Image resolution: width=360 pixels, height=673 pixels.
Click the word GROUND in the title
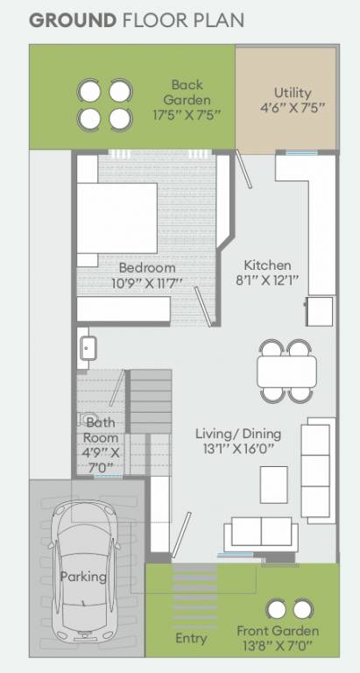73,19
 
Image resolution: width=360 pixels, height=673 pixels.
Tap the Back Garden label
187,85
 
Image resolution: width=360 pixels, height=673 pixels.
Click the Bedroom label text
147,267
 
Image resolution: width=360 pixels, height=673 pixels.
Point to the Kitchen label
267,266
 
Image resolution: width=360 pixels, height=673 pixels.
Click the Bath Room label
100,429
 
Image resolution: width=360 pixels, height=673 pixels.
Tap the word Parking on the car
83,577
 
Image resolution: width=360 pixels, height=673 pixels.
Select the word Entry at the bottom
191,638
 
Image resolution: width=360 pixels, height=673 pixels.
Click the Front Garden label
278,631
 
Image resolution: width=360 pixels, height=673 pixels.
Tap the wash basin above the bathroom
87,347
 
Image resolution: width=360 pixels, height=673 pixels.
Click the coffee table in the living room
273,485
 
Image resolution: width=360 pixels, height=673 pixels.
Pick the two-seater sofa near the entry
259,535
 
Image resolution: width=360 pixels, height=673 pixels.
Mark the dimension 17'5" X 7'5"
187,114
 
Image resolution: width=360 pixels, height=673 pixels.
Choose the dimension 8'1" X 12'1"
267,282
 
